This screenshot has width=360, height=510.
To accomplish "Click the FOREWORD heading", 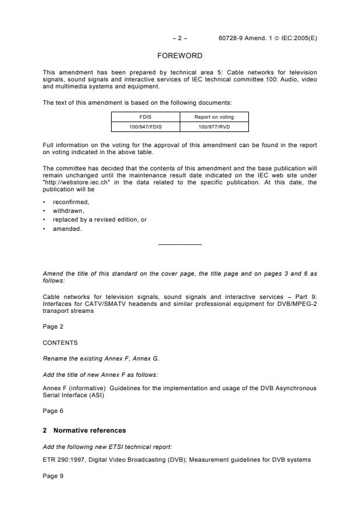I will tap(180, 56).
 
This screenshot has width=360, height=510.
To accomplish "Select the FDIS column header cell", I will tap(145, 116).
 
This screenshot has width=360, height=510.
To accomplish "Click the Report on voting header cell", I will tap(214, 116).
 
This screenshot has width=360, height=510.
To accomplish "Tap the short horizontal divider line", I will tap(180, 244).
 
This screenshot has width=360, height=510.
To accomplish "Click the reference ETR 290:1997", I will tap(63, 460).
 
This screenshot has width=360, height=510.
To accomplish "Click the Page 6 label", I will tap(53, 410).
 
